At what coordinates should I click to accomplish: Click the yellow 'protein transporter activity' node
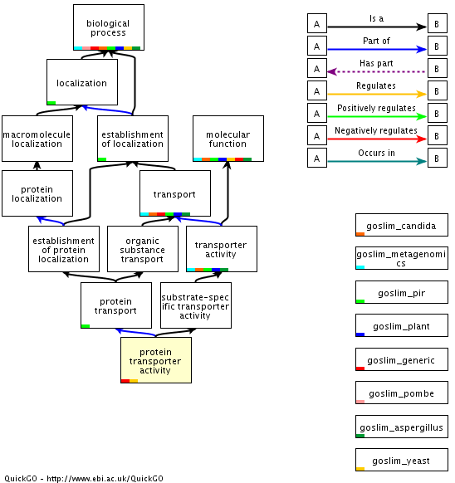tap(156, 360)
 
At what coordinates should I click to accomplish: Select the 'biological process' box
tap(109, 27)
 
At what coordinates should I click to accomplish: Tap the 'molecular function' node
tap(228, 139)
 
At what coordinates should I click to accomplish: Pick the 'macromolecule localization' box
tap(37, 139)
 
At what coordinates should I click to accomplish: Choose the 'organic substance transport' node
tap(143, 249)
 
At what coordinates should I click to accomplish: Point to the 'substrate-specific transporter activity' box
tap(196, 305)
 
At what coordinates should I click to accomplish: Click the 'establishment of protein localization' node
tap(64, 249)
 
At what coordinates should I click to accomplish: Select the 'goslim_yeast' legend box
tap(402, 460)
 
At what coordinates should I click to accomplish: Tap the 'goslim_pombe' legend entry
tap(402, 393)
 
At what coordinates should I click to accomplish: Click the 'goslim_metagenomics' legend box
tap(402, 258)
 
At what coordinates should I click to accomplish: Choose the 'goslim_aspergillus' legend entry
tap(402, 427)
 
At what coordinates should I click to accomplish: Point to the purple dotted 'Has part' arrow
tap(376, 71)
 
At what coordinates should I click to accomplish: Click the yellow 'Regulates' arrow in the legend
tap(377, 94)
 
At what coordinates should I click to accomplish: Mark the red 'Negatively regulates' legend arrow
tap(377, 139)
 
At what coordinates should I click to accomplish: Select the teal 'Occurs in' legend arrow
tap(377, 161)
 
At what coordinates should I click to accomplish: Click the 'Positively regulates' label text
tap(376, 108)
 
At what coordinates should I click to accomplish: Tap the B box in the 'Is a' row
tap(438, 23)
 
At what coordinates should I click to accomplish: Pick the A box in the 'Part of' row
tap(317, 46)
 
